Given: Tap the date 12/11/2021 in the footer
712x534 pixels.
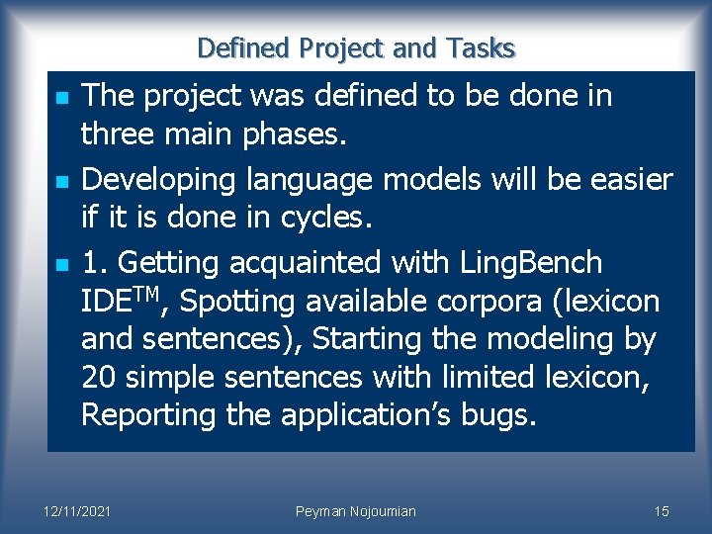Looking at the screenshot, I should tap(76, 511).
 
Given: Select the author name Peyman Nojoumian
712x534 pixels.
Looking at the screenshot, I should tap(356, 511).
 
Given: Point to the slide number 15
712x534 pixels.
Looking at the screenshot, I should tap(662, 511).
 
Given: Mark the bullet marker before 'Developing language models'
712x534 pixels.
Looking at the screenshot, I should tap(60, 182).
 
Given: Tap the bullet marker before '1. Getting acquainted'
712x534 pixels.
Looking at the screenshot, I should tap(60, 265).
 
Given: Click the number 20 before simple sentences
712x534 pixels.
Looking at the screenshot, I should tap(100, 377).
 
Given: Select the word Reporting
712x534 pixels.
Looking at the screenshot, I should tap(148, 416).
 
